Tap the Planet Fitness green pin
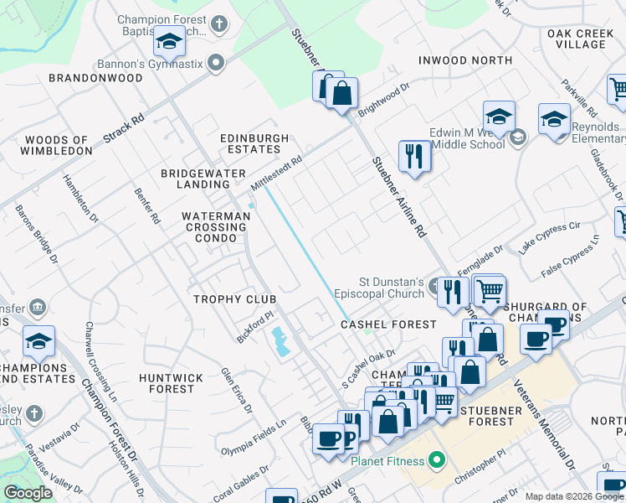435,460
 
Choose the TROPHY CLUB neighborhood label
234,299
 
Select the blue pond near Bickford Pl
279,341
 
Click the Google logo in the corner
28,493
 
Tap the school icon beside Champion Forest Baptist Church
169,41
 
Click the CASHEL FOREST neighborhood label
388,324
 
